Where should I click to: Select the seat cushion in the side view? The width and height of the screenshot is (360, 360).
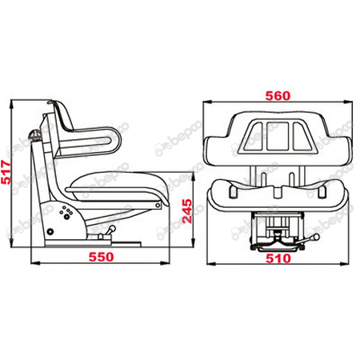pos(120,186)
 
